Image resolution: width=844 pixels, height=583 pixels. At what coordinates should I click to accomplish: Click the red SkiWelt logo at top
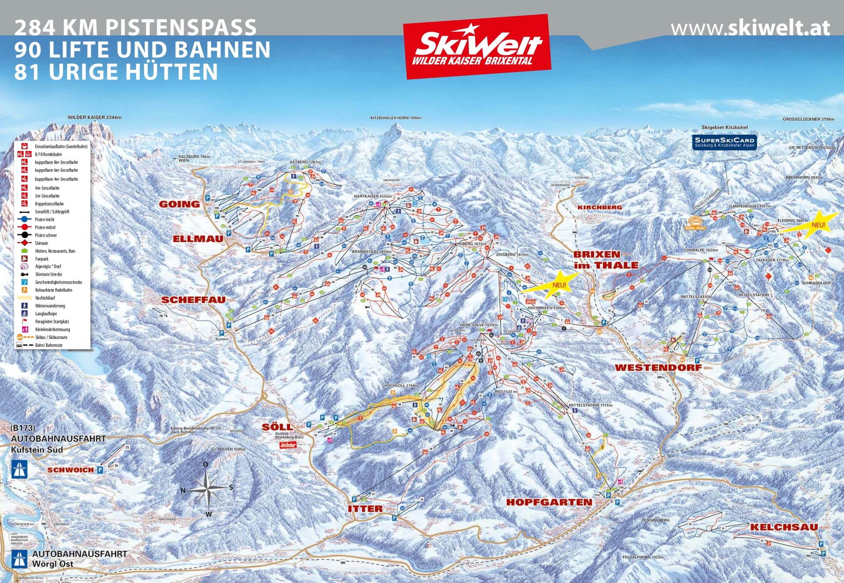pyautogui.click(x=477, y=47)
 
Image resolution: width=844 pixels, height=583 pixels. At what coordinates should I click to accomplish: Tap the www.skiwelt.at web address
pyautogui.click(x=750, y=28)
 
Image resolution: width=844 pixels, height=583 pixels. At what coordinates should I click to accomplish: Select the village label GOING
pyautogui.click(x=179, y=204)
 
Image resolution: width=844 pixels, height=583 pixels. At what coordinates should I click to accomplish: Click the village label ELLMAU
pyautogui.click(x=198, y=239)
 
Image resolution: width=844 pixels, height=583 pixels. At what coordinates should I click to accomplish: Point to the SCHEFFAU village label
pyautogui.click(x=193, y=300)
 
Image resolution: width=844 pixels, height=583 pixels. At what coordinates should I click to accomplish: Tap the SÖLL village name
pyautogui.click(x=277, y=427)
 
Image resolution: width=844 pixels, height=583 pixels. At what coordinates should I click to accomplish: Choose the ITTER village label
pyautogui.click(x=365, y=509)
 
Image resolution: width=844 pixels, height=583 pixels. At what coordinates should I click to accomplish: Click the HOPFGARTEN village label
pyautogui.click(x=549, y=502)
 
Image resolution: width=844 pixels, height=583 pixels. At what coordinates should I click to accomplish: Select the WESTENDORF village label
pyautogui.click(x=658, y=368)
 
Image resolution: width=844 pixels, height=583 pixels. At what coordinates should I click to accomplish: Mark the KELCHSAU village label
pyautogui.click(x=784, y=527)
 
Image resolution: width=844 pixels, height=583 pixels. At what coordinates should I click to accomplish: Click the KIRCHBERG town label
pyautogui.click(x=600, y=207)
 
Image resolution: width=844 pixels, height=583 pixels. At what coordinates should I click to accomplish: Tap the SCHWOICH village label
pyautogui.click(x=70, y=470)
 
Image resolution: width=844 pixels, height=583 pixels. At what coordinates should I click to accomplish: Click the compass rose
pyautogui.click(x=207, y=488)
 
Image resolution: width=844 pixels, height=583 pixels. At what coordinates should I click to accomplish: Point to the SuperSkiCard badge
pyautogui.click(x=724, y=142)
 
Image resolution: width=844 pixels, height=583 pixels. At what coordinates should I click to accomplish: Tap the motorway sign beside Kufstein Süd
pyautogui.click(x=19, y=470)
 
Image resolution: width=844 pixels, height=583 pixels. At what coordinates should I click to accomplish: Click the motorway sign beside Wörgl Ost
pyautogui.click(x=19, y=559)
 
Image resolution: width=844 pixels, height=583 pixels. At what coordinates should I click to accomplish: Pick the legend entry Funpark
pyautogui.click(x=42, y=259)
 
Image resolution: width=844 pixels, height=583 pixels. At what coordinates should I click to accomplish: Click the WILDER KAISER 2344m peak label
pyautogui.click(x=94, y=117)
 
